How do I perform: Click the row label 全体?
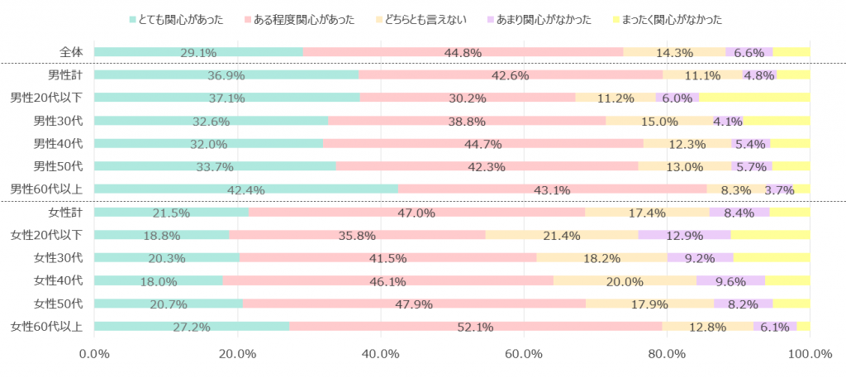(71, 52)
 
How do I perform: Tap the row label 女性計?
(65, 213)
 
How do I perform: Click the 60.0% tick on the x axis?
(524, 354)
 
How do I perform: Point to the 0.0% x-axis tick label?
(94, 354)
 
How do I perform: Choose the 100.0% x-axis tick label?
(810, 354)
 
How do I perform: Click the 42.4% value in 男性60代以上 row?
(246, 189)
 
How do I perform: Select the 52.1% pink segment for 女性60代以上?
(475, 326)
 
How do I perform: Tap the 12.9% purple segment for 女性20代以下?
(684, 235)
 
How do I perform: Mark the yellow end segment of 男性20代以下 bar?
(754, 98)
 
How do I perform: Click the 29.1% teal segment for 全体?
(198, 52)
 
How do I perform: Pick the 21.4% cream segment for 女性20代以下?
(562, 235)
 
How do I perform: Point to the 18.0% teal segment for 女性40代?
(159, 280)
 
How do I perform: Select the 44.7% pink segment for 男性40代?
(482, 143)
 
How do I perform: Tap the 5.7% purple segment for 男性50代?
(751, 166)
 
